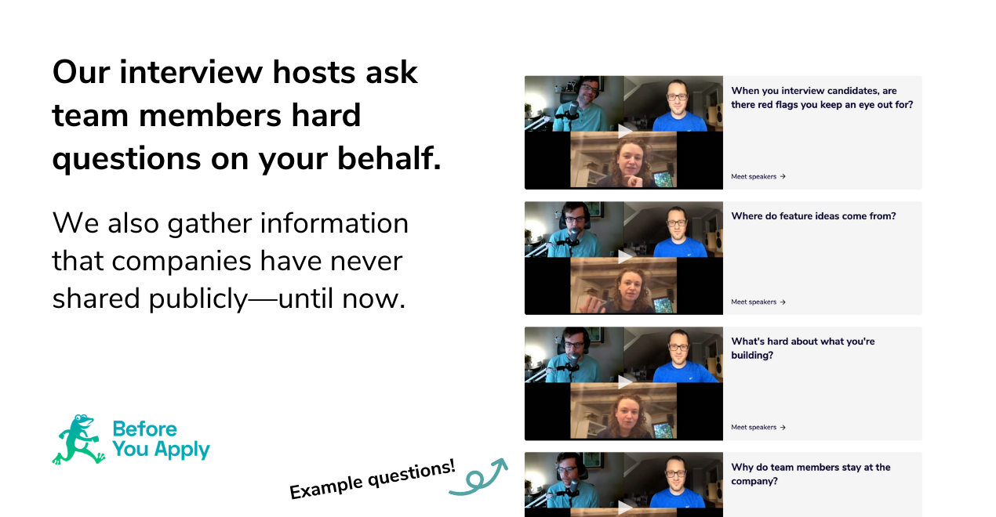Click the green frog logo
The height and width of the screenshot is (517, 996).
[78, 439]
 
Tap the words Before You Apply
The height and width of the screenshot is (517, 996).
[161, 439]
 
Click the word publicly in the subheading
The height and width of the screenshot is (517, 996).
[198, 298]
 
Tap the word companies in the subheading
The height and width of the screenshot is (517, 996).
[181, 262]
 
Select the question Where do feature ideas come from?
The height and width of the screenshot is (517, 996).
[813, 216]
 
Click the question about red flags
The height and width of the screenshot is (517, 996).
[822, 98]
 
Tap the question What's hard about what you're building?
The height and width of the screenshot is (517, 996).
[802, 349]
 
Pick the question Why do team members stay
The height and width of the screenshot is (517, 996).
[811, 474]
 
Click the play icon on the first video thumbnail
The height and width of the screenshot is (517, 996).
[624, 131]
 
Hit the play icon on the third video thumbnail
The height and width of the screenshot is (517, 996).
[624, 381]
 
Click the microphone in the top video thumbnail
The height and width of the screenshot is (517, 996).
[573, 110]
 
